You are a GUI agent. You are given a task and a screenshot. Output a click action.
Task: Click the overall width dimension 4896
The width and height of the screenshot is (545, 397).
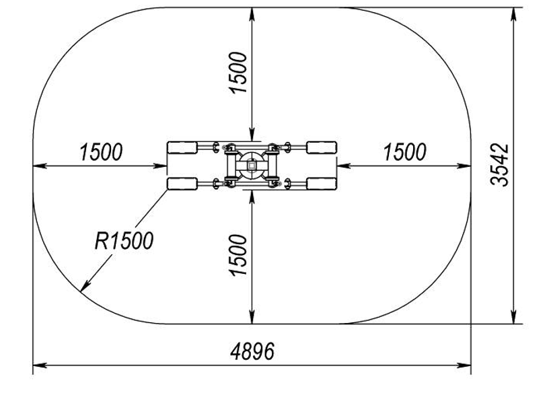252,351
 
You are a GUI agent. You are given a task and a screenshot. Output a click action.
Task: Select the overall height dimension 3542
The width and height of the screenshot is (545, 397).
499,165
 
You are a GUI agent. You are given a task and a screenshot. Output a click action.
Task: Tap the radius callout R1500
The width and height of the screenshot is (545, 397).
124,241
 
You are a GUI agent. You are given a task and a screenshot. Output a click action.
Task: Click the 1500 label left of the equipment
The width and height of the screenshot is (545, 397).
101,152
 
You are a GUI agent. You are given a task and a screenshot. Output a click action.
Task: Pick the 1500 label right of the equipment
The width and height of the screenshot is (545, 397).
405,152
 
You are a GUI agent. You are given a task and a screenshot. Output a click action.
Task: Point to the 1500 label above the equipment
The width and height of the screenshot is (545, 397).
238,73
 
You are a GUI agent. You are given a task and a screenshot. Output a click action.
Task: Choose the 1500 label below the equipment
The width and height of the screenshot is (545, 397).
238,256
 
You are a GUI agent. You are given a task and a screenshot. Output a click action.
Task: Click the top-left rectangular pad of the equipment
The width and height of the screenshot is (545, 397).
182,147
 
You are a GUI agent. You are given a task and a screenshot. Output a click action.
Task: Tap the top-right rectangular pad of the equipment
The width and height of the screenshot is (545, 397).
322,147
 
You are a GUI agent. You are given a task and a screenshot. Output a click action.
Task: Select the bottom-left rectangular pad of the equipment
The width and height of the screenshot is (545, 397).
182,184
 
